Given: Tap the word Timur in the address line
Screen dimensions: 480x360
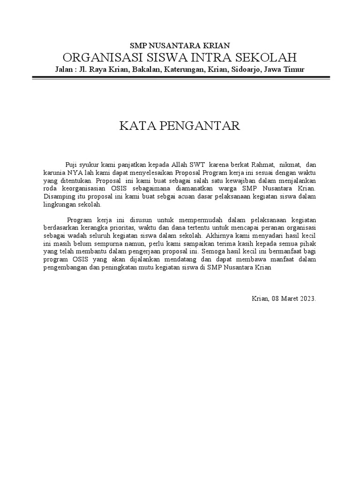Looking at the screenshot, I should (294, 69).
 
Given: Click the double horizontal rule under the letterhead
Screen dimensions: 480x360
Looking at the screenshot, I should (180, 76).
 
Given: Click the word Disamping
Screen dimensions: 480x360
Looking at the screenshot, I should (58, 197).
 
